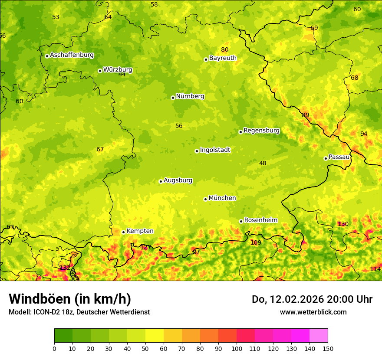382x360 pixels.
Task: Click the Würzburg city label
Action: [x=118, y=70]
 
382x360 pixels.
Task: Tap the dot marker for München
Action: [x=205, y=199]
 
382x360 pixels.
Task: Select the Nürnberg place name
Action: [x=190, y=96]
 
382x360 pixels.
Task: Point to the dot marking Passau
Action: [x=326, y=158]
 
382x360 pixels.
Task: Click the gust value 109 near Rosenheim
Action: [x=256, y=242]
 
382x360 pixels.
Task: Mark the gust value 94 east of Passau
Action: [x=364, y=134]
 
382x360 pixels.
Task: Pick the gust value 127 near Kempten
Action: [x=146, y=247]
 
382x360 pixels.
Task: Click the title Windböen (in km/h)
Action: [x=70, y=299]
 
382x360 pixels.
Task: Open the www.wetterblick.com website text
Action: [x=313, y=312]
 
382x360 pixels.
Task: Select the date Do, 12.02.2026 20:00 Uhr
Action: [x=312, y=299]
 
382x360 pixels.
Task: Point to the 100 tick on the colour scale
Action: [x=237, y=348]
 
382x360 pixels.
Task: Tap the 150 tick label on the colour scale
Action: [x=328, y=348]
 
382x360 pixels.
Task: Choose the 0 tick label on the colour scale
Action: [x=54, y=348]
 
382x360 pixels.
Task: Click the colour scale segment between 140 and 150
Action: [x=319, y=336]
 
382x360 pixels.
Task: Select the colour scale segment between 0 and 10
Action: [x=63, y=336]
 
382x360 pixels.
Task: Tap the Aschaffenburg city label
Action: [x=72, y=55]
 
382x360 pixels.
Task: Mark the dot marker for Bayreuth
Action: [x=206, y=59]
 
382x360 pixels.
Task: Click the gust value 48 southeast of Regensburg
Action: [x=263, y=163]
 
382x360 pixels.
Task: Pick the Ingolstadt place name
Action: [x=215, y=150]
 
